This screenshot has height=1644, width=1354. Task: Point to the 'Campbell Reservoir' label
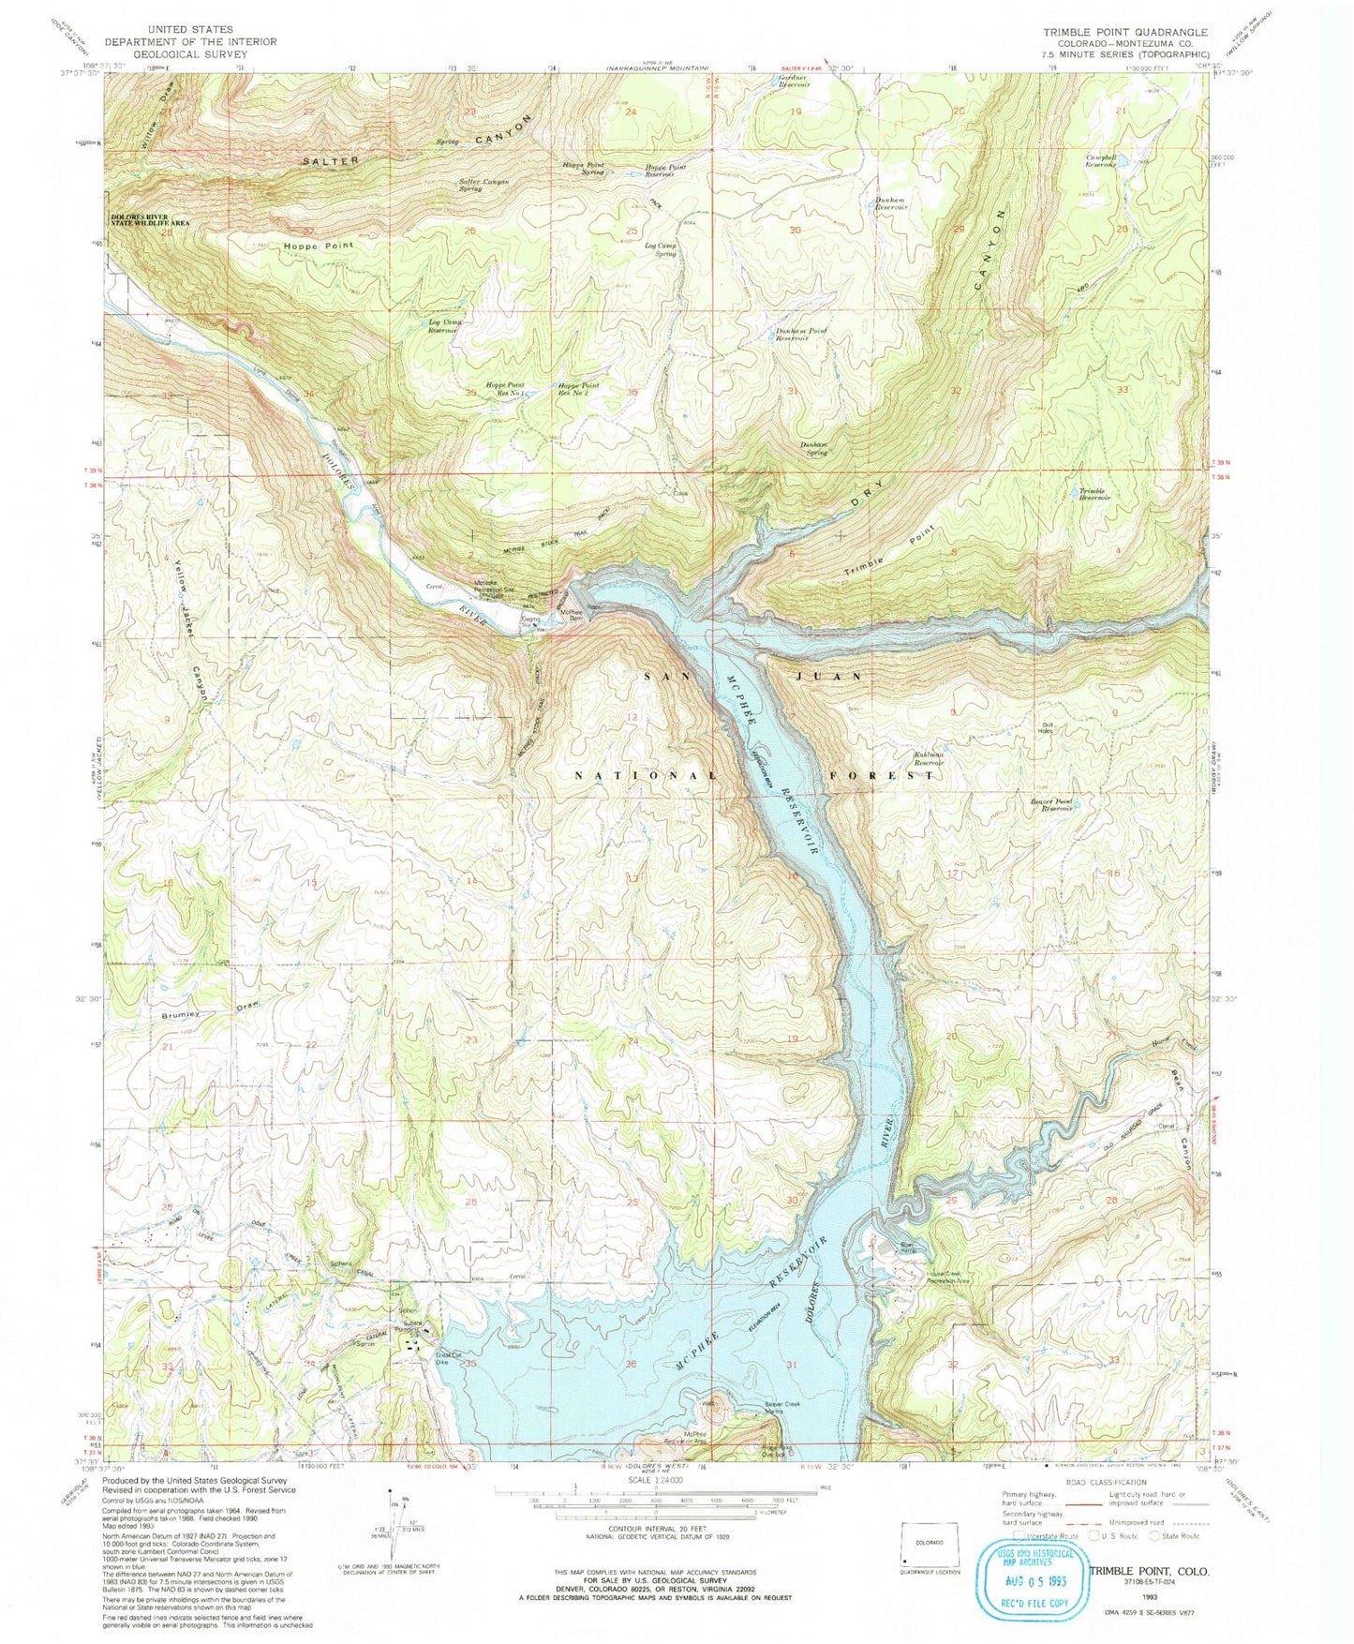[1100, 161]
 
